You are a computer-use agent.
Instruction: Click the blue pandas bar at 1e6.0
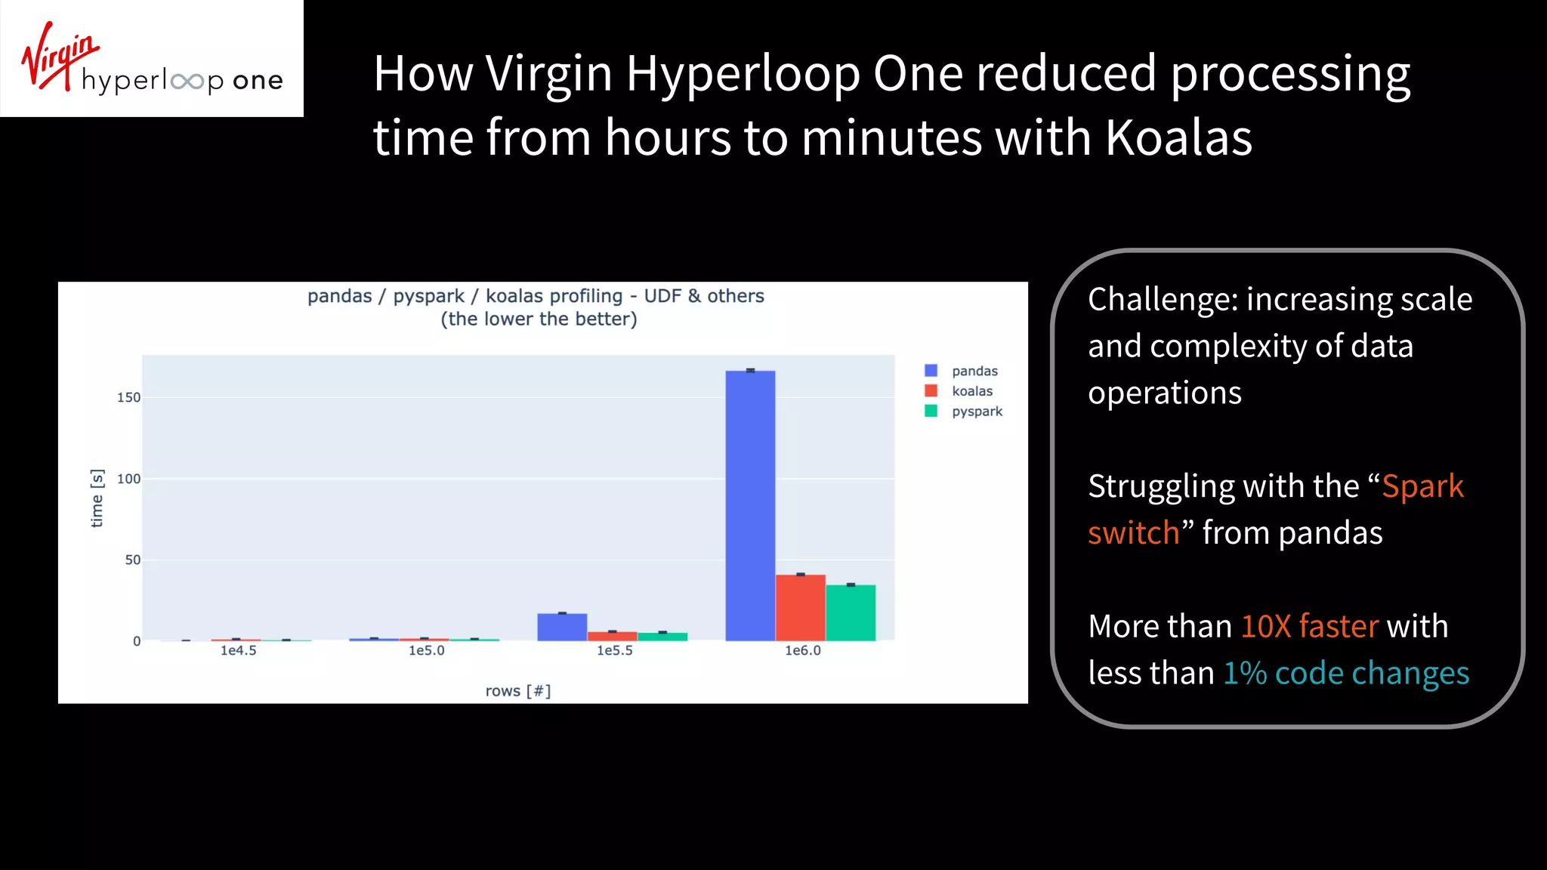(x=750, y=506)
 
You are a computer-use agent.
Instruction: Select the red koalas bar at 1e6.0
(x=801, y=608)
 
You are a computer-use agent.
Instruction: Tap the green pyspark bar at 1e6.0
(x=851, y=612)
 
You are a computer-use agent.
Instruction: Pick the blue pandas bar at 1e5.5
(x=562, y=627)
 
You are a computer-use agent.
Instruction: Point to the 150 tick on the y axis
(x=128, y=397)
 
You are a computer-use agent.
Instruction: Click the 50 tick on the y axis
(x=133, y=560)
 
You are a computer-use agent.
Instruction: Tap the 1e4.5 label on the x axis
(x=239, y=650)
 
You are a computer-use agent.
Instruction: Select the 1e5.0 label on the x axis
(x=427, y=650)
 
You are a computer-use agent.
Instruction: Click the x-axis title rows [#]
(x=518, y=691)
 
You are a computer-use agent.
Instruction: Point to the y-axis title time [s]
(x=97, y=498)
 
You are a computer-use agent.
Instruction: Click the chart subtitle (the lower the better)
(x=539, y=319)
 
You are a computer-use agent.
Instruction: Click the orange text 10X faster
(x=1309, y=626)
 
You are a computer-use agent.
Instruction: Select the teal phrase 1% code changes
(x=1346, y=673)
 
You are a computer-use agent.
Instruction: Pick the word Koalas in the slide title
(x=1179, y=137)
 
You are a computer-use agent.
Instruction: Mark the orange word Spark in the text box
(x=1422, y=486)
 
